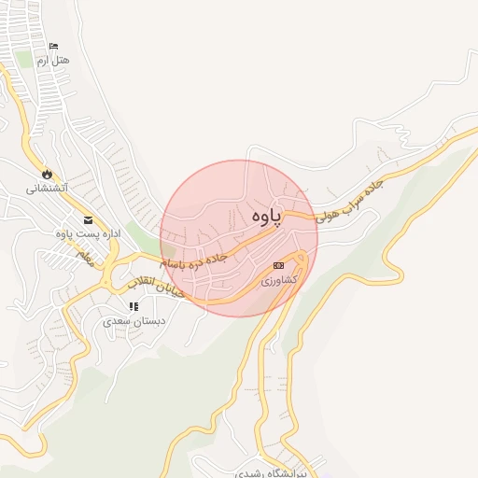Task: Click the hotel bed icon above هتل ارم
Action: tap(53, 47)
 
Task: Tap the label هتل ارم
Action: tap(53, 60)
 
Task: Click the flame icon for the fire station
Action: tap(46, 174)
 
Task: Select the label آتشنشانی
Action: tap(46, 188)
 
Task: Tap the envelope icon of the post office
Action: tap(88, 220)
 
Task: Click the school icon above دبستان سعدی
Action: tap(134, 306)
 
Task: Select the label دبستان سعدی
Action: tap(134, 320)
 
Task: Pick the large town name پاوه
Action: tap(266, 216)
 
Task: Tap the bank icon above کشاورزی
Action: tap(277, 266)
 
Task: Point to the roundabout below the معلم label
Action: tap(110, 274)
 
